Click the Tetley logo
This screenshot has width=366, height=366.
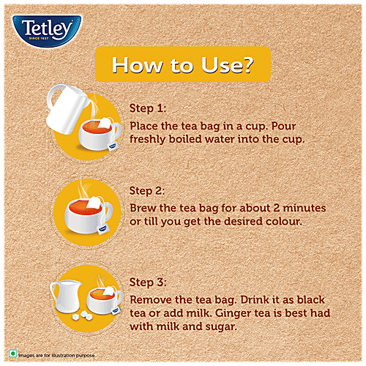(x=47, y=31)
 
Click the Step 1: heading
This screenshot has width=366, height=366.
(x=148, y=108)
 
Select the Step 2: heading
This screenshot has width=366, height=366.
(x=147, y=190)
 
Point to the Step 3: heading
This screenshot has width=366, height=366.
(x=148, y=283)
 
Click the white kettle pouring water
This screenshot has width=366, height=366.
(x=67, y=108)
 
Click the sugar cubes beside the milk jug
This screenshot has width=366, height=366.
(x=83, y=315)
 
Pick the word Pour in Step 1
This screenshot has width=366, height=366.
(x=283, y=126)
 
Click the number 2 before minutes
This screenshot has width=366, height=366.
(x=277, y=208)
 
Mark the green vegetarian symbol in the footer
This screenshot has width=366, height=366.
(x=12, y=354)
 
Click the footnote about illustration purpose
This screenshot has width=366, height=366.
(x=56, y=356)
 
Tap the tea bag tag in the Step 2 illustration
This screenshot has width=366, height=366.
(x=102, y=229)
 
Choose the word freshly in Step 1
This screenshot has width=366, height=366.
(x=147, y=140)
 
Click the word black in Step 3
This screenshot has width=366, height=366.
(x=311, y=300)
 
